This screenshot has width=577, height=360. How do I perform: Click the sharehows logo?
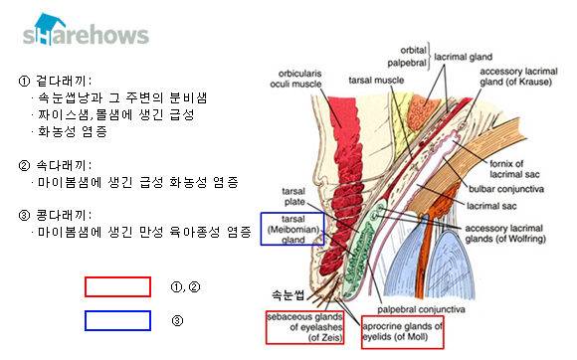coord(86,30)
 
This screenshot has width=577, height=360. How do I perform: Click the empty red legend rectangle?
coord(117,277)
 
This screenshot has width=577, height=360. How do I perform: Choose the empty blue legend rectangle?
coord(117,312)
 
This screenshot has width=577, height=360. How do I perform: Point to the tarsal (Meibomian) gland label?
coord(292,230)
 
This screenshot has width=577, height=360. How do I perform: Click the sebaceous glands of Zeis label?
coord(305,327)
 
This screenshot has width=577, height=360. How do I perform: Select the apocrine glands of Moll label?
coord(403,332)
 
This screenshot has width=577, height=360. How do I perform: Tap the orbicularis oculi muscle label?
coord(295,79)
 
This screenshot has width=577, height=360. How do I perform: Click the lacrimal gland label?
coord(463,57)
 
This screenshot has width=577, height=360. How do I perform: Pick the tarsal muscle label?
coord(376,81)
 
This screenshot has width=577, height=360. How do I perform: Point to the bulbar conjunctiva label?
coord(506,189)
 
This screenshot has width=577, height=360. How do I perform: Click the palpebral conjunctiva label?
coord(421,310)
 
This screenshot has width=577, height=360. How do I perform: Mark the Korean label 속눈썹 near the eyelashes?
coord(288,295)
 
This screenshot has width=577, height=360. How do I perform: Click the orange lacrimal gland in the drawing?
coord(422,112)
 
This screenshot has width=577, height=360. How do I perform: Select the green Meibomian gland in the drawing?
coord(359,250)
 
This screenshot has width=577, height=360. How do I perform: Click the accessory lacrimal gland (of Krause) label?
coord(518,77)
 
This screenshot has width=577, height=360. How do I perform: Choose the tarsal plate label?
coord(293,196)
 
